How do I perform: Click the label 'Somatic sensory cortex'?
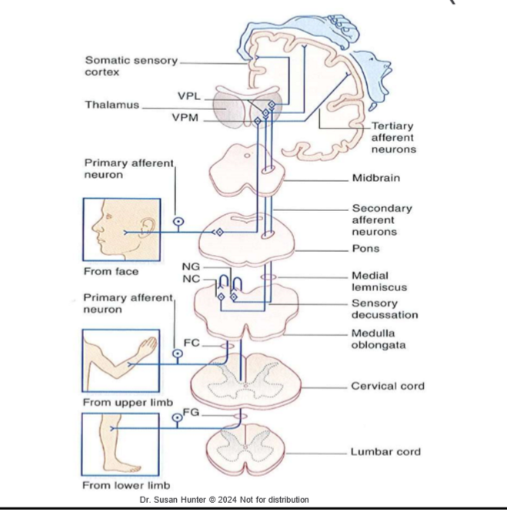click(131, 66)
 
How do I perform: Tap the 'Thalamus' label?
click(112, 106)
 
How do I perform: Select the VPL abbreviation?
click(188, 96)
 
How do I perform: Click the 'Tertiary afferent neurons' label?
click(392, 137)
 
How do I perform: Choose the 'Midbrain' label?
click(376, 178)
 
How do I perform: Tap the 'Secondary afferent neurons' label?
click(382, 219)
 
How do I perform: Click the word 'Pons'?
click(365, 250)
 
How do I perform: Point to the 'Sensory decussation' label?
click(385, 309)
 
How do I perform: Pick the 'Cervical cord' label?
click(387, 386)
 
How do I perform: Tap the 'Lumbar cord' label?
click(385, 451)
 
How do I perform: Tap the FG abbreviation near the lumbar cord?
click(192, 413)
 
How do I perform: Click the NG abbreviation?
click(192, 266)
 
